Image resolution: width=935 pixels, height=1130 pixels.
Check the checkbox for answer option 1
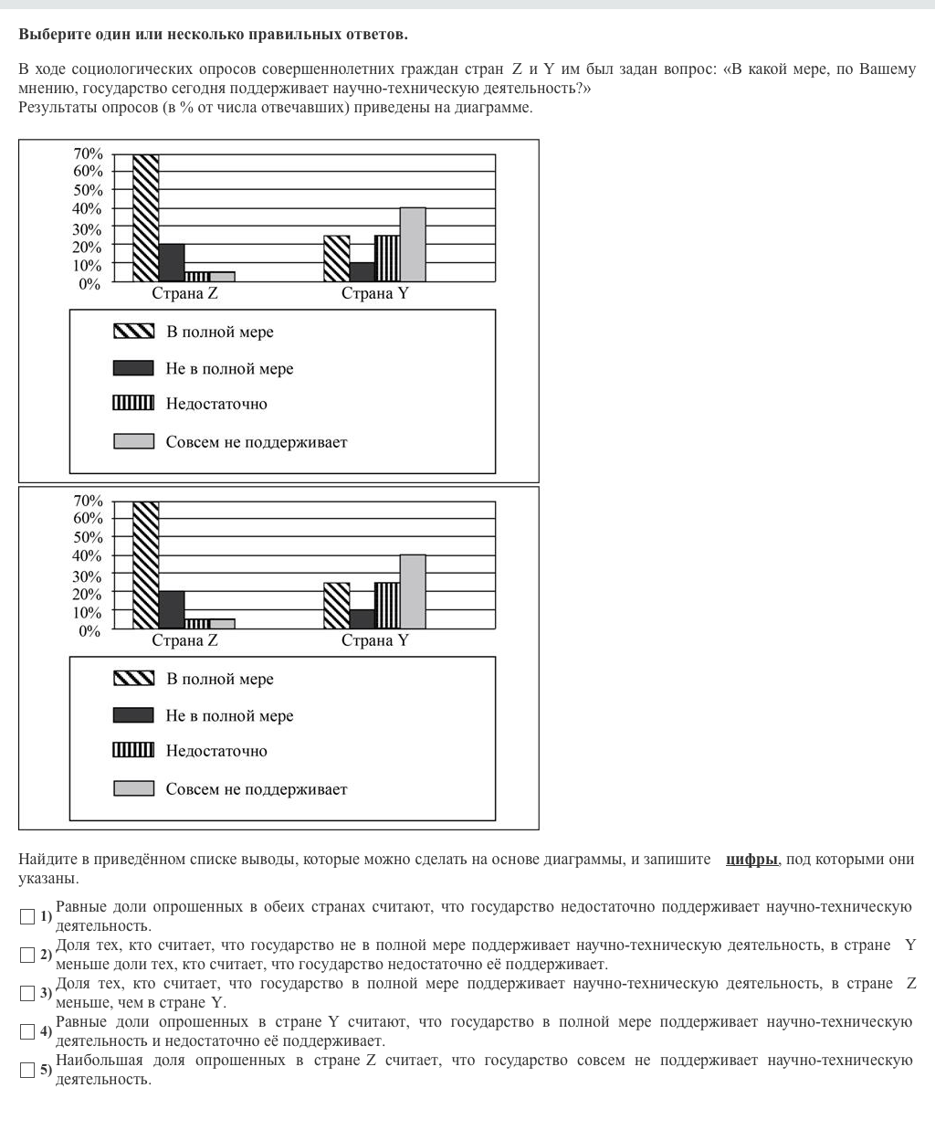tap(27, 916)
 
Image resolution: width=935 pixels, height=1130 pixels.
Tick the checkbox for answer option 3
tap(27, 993)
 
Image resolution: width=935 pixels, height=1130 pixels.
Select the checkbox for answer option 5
tap(27, 1070)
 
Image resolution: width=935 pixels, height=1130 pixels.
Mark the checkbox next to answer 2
tap(27, 955)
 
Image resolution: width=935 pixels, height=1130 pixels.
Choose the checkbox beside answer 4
tap(27, 1031)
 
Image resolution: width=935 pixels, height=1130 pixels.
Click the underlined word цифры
tap(751, 860)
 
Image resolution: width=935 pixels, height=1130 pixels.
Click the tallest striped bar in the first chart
tap(146, 217)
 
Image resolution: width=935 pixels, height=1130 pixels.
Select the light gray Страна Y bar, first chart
tap(413, 245)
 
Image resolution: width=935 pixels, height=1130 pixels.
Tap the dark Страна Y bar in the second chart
tap(362, 619)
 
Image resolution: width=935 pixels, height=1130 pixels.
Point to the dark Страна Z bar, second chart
tap(172, 610)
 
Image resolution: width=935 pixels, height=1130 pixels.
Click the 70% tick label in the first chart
tap(88, 153)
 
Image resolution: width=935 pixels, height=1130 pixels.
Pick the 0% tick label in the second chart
tap(89, 631)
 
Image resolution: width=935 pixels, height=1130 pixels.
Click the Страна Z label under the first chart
tap(184, 293)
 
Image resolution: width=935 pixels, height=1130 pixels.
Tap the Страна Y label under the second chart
tap(374, 640)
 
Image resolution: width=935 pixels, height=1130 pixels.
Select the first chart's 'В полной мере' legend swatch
tap(133, 332)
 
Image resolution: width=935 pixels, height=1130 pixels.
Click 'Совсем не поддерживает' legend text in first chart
tap(257, 442)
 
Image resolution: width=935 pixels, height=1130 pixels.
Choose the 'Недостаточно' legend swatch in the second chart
tap(133, 750)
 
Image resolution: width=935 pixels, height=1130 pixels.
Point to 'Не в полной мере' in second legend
tap(229, 716)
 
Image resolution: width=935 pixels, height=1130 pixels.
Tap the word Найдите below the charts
tap(47, 860)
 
